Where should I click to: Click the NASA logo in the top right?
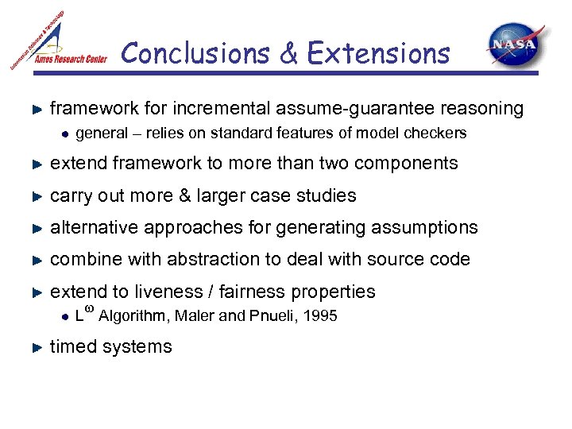[x=516, y=45]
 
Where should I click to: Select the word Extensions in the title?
[x=378, y=54]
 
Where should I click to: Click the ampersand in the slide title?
[x=290, y=54]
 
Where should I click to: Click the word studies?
[x=330, y=195]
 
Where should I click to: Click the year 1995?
[x=321, y=316]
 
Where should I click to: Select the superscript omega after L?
[x=88, y=308]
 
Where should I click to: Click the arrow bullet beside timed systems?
[x=35, y=347]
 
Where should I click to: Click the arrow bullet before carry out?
[x=35, y=195]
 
